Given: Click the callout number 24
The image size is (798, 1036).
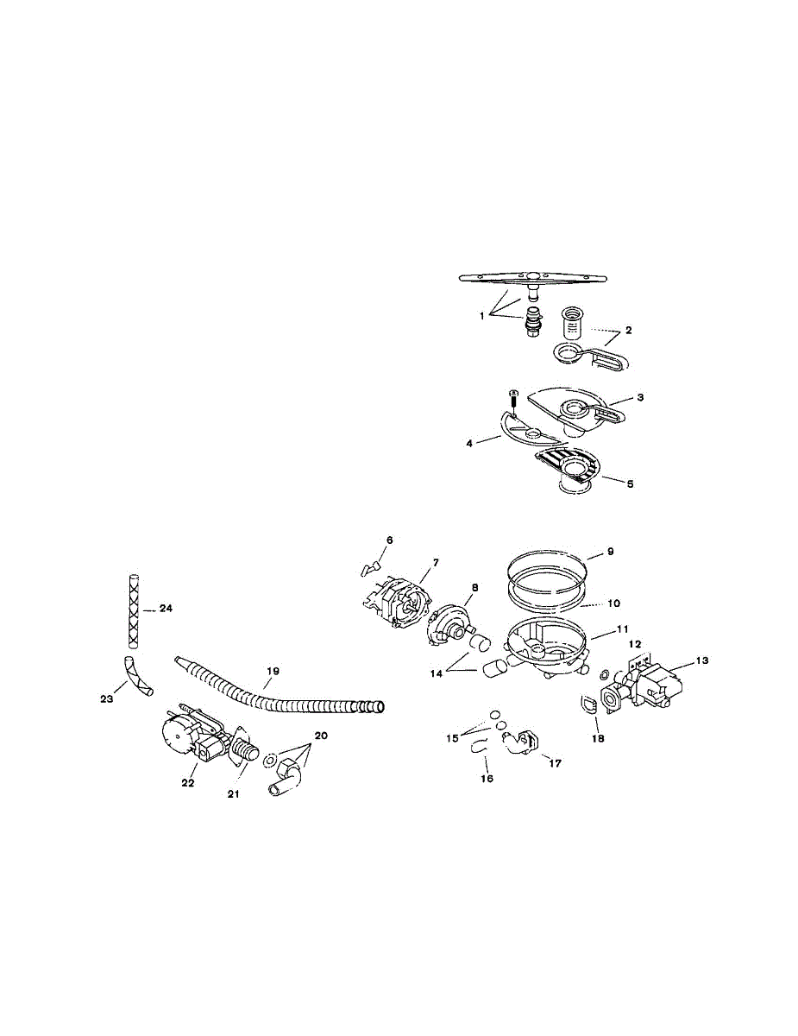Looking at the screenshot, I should click(167, 609).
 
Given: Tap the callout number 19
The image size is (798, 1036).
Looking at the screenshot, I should click(273, 670).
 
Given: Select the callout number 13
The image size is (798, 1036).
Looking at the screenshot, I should click(701, 660).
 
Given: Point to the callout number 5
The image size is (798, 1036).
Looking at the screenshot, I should click(630, 484).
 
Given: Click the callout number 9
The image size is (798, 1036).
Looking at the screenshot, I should click(612, 550).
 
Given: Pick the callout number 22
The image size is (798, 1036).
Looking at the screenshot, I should click(188, 783).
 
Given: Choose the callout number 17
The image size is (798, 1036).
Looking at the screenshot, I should click(555, 763).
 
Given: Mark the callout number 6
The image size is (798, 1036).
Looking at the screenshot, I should click(389, 540).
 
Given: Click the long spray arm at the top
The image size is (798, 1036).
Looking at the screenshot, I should click(533, 278).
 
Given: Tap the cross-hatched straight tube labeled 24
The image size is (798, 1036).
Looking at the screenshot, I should click(132, 609).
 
